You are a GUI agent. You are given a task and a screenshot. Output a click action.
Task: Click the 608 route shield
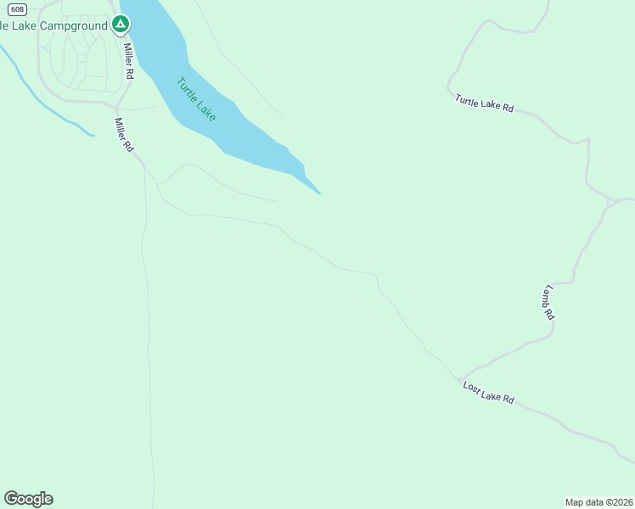click(x=18, y=8)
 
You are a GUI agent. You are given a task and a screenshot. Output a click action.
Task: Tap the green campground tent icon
click(x=121, y=25)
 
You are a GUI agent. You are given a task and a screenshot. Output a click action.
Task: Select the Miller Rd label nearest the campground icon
click(x=128, y=61)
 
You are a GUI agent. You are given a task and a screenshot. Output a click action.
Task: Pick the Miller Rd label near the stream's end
click(x=124, y=135)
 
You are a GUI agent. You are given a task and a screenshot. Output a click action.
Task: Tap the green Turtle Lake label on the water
click(x=196, y=99)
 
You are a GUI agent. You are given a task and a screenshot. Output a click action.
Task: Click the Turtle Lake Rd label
click(x=485, y=103)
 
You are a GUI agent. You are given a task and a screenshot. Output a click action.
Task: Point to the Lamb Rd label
click(x=548, y=302)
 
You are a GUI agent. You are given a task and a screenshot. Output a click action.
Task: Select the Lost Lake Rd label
click(x=489, y=392)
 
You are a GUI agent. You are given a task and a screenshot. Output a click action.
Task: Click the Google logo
click(x=28, y=499)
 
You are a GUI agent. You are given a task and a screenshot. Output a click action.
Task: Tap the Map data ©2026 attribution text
click(x=599, y=502)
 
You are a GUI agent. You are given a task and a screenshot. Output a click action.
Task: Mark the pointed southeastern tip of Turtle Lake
click(x=319, y=193)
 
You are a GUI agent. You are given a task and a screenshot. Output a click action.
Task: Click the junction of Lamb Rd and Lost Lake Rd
click(x=459, y=378)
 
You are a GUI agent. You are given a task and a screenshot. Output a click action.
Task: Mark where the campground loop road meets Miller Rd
click(x=115, y=105)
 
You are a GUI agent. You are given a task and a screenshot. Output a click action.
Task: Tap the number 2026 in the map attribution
click(x=622, y=502)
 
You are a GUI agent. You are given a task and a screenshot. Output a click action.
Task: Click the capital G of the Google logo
click(x=11, y=498)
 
